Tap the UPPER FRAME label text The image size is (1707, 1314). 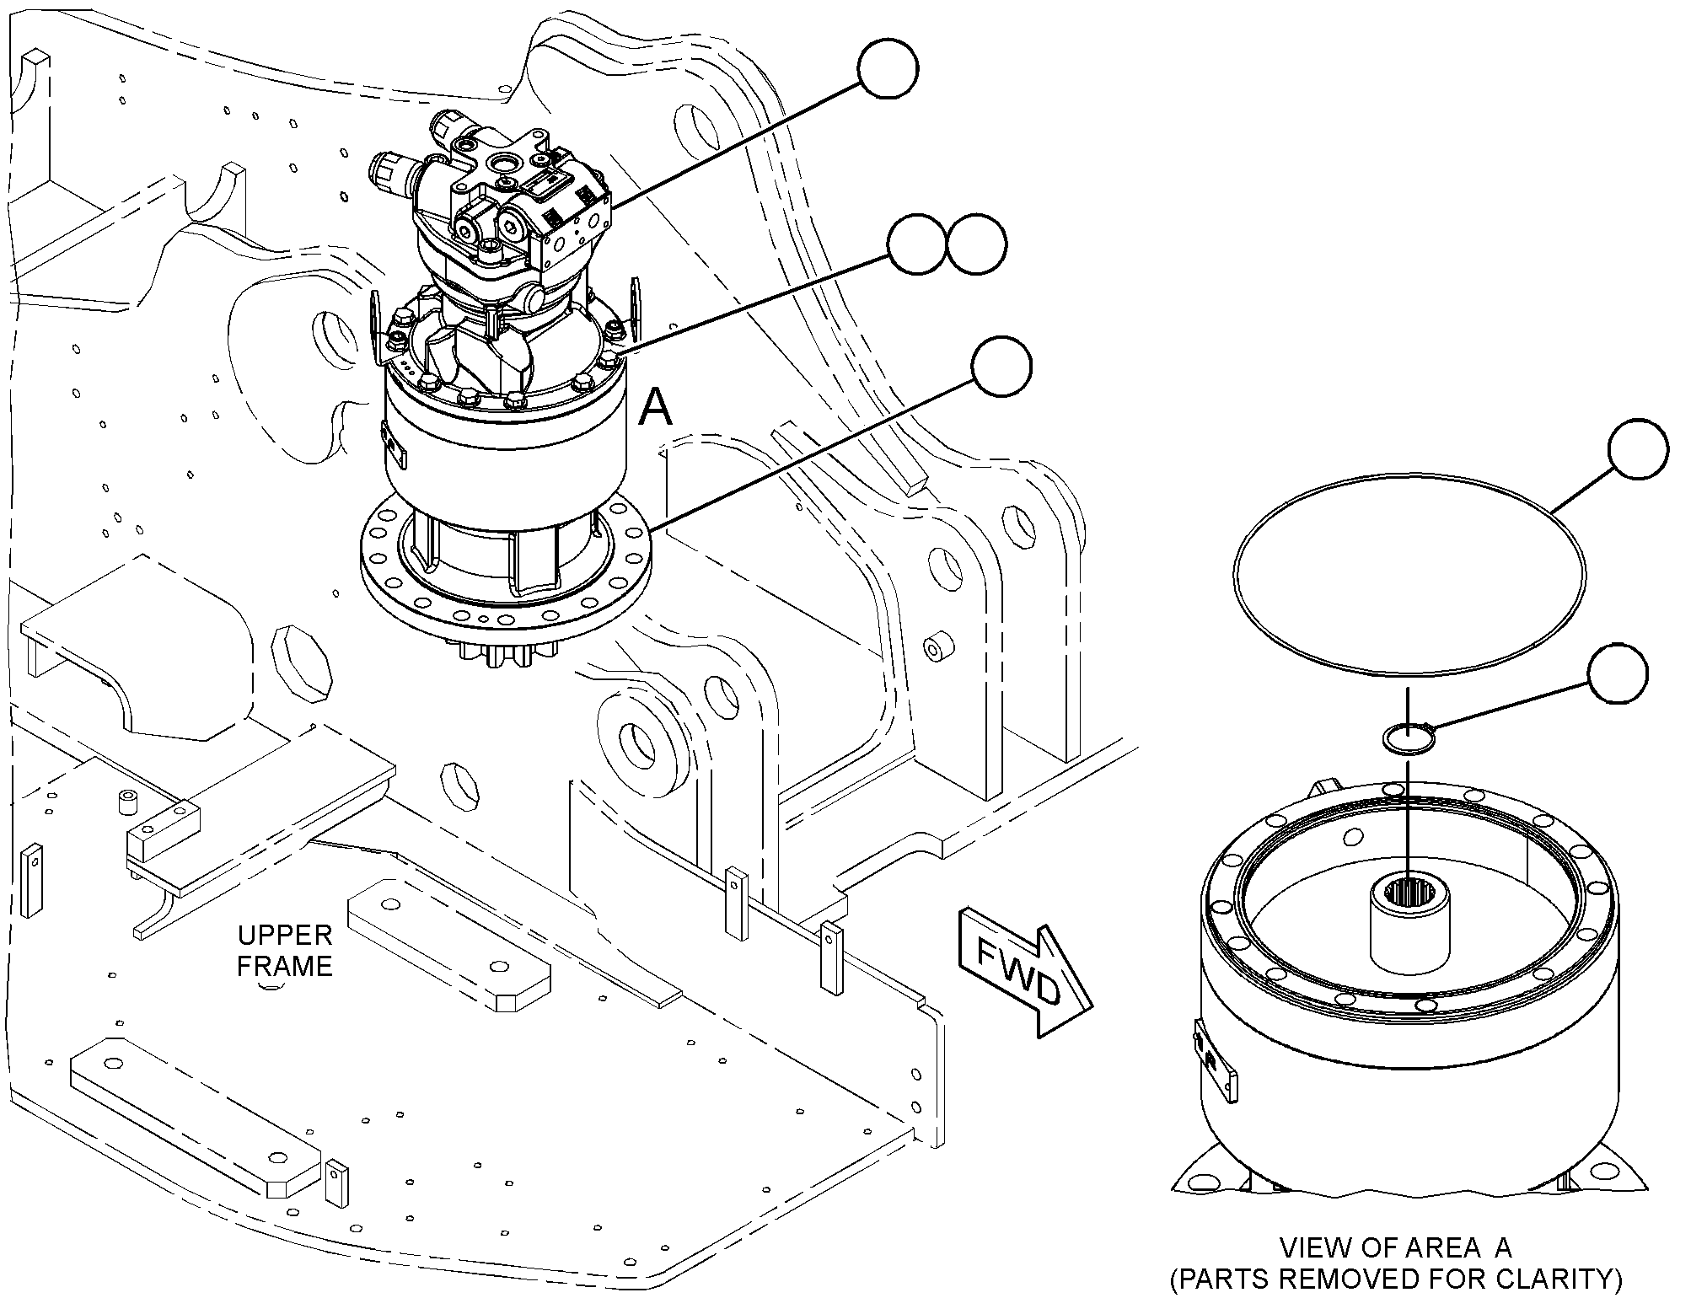coord(285,950)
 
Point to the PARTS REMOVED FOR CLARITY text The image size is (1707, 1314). coord(1395,1279)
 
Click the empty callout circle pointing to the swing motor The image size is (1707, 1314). coord(888,68)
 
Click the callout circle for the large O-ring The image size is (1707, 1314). coord(1638,450)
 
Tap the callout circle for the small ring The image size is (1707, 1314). coord(1618,673)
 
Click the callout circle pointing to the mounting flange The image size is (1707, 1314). coord(1001,367)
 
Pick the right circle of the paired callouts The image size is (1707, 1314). coord(976,244)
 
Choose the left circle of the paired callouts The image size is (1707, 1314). coord(918,244)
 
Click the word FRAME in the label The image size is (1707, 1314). coord(285,965)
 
